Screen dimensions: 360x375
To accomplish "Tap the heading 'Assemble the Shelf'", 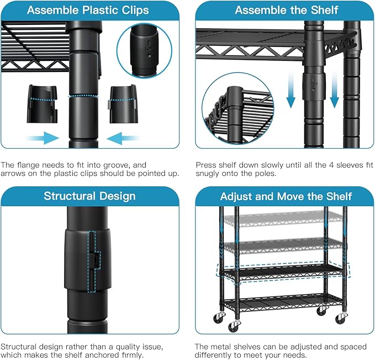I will pos(286,11).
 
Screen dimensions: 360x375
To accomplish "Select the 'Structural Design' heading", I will pos(89,196).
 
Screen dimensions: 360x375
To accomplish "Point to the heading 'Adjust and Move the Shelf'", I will pos(286,196).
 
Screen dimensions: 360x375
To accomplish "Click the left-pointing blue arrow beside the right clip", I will pos(123,138).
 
